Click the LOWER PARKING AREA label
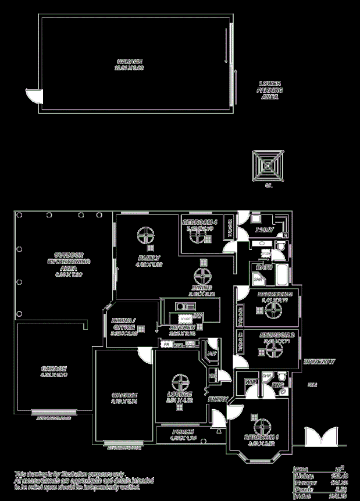pyautogui.click(x=270, y=91)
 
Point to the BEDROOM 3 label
pyautogui.click(x=273, y=294)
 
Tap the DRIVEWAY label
pyautogui.click(x=319, y=362)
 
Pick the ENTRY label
pyautogui.click(x=218, y=399)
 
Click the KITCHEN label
pyautogui.click(x=181, y=328)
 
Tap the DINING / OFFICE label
pyautogui.click(x=123, y=324)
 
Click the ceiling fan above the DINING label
pyautogui.click(x=203, y=275)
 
